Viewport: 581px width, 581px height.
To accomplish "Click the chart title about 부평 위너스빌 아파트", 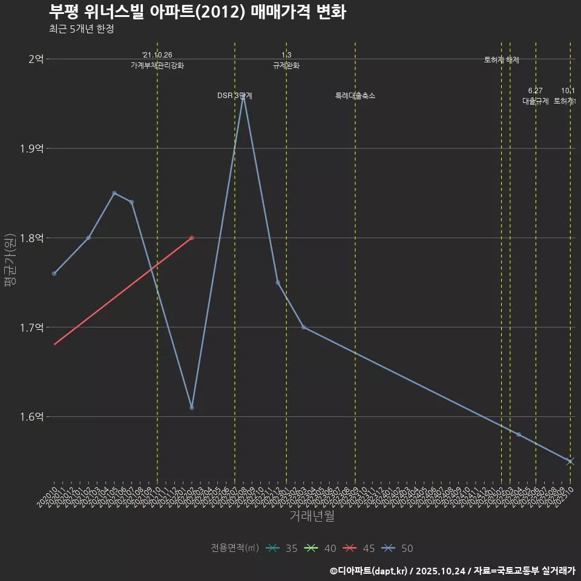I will coord(197,12).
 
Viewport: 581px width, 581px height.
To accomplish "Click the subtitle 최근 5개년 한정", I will coord(81,29).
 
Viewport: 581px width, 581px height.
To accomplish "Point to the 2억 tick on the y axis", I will coord(36,59).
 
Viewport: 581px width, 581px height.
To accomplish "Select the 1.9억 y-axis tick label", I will coord(31,149).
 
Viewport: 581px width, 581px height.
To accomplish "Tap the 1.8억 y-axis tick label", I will coord(31,238).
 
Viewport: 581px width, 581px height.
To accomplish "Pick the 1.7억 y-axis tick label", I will coord(31,327).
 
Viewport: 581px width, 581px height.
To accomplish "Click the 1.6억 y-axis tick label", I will coord(31,417).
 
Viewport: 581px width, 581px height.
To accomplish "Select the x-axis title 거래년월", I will coord(312,516).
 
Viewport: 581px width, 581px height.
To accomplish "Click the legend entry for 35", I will coord(281,548).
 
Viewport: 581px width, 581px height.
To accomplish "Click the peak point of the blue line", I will coord(243,95).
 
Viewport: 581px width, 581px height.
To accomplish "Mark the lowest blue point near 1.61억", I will coord(192,407).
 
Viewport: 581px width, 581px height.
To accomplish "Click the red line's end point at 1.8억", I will coord(192,238).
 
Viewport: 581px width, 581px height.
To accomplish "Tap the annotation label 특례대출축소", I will coord(355,96).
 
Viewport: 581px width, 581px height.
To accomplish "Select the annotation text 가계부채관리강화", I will coord(157,65).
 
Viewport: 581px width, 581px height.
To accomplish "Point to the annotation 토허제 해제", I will coord(502,60).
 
